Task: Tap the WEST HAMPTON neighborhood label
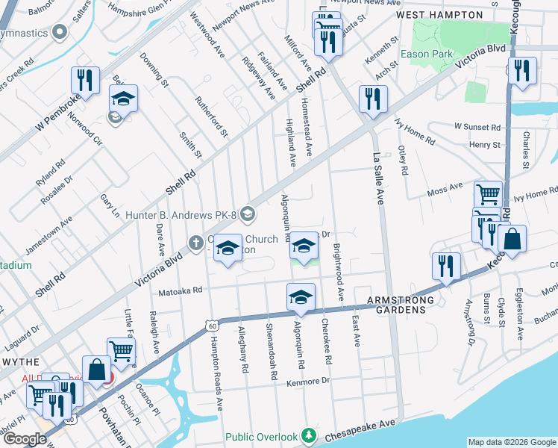439,14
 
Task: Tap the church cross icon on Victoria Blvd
195,243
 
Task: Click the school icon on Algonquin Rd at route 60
300,297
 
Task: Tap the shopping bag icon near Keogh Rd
512,240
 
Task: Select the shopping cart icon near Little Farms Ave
121,351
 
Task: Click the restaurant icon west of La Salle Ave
372,99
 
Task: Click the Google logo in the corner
25,438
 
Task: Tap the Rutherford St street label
211,116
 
